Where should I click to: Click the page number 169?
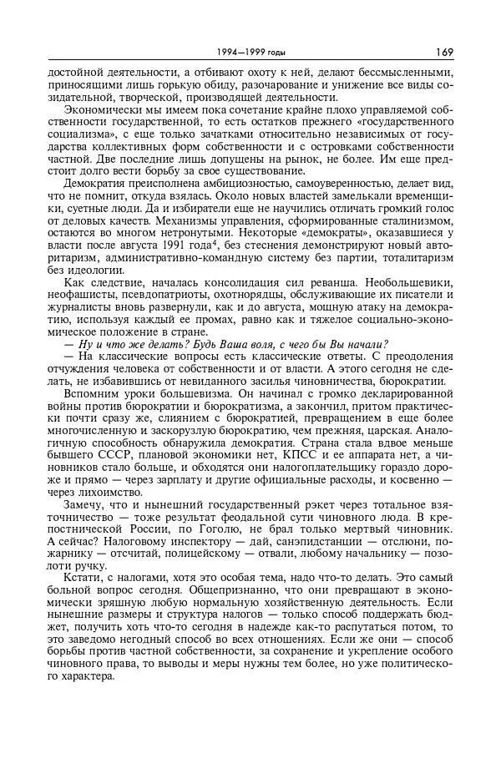tap(444, 52)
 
